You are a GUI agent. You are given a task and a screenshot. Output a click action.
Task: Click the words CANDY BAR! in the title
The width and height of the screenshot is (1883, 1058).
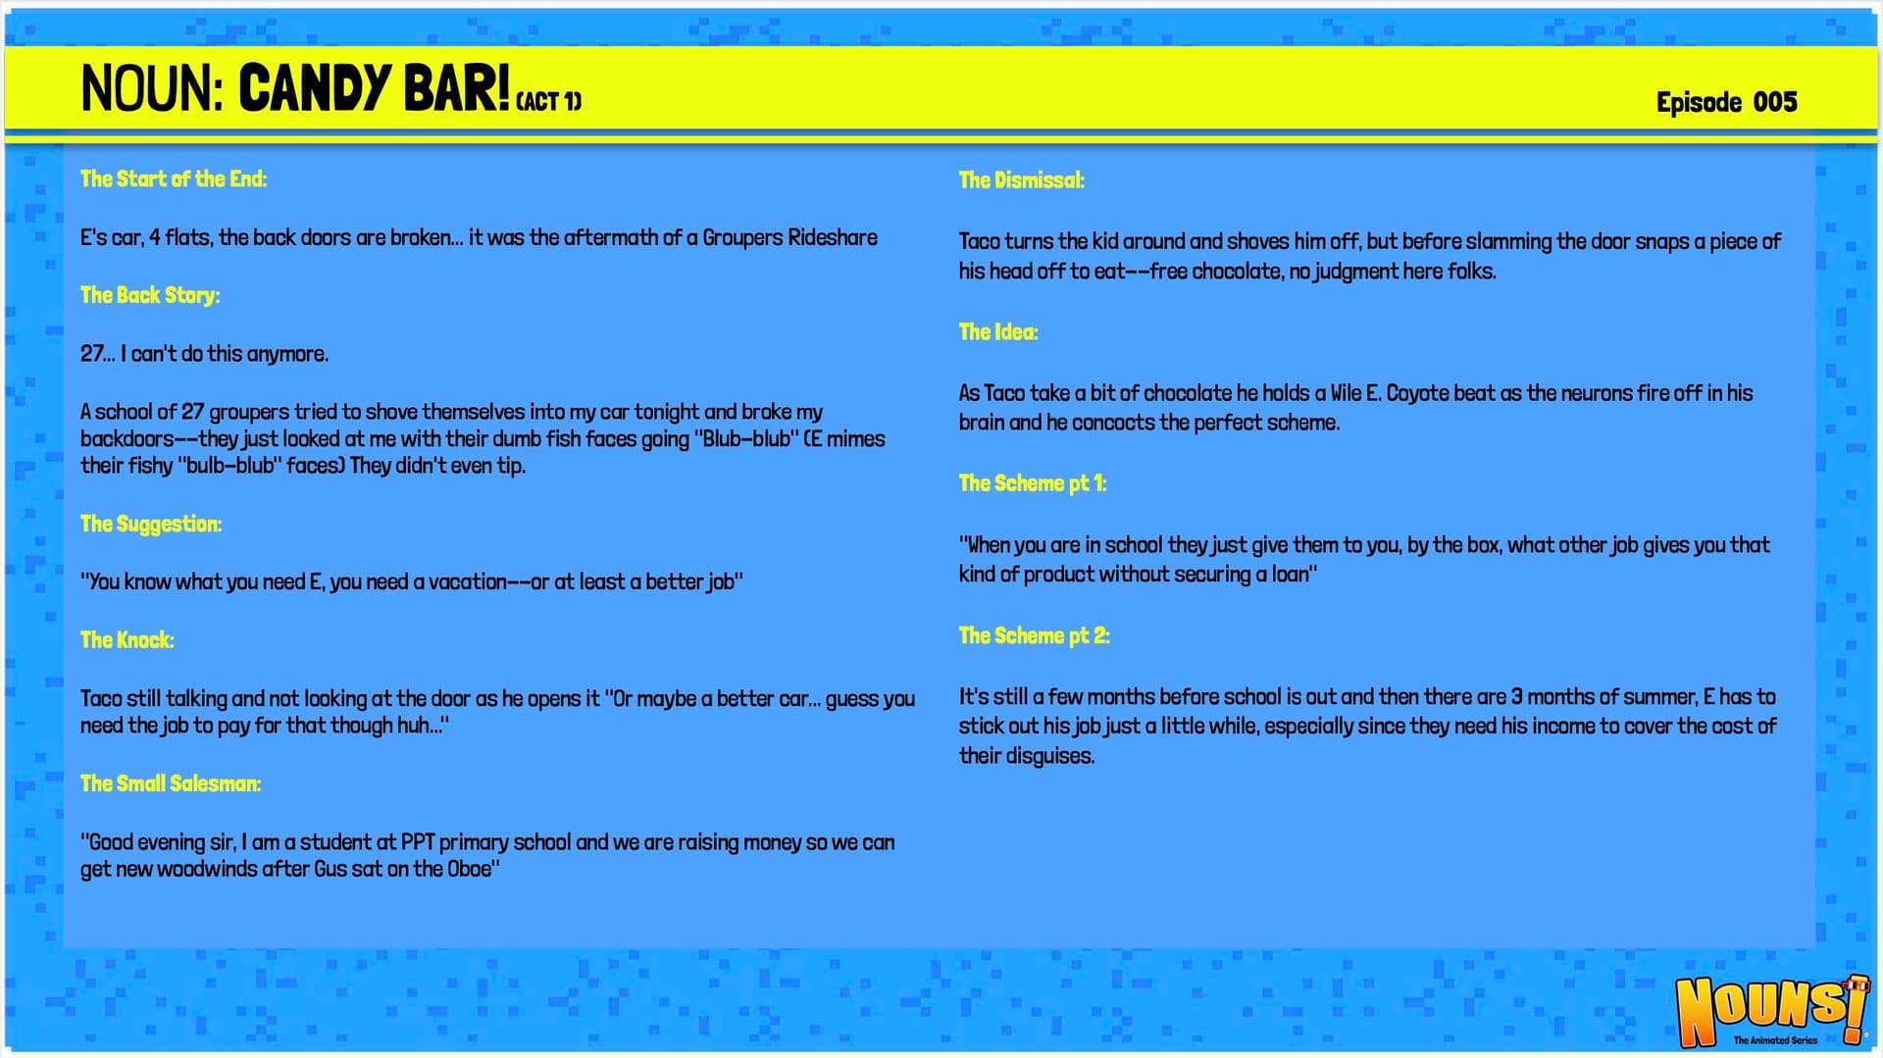pos(374,87)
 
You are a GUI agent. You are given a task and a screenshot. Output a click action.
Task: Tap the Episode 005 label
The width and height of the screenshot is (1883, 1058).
pos(1726,102)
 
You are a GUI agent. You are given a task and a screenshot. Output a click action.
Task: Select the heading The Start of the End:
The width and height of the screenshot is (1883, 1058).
pos(174,178)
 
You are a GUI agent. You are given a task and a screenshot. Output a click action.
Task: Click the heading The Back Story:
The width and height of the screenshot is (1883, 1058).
pos(150,295)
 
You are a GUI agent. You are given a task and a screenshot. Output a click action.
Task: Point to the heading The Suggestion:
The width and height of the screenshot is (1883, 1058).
pos(151,524)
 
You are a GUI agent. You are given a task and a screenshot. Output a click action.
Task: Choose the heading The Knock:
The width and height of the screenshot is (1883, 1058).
pos(127,640)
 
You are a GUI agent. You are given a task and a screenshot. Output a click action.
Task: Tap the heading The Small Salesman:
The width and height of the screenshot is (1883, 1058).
pos(171,783)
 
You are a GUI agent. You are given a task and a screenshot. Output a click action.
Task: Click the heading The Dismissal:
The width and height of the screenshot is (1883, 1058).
pos(1022,180)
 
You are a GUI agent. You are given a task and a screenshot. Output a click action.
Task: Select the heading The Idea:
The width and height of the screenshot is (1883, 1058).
pos(998,332)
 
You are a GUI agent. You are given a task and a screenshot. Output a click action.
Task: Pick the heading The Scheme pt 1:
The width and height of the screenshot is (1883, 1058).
pos(1033,483)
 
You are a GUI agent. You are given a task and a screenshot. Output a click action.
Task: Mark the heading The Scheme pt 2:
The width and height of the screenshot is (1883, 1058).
pos(1035,635)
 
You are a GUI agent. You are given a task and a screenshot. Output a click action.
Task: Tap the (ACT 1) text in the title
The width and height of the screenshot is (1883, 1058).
pos(549,102)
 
